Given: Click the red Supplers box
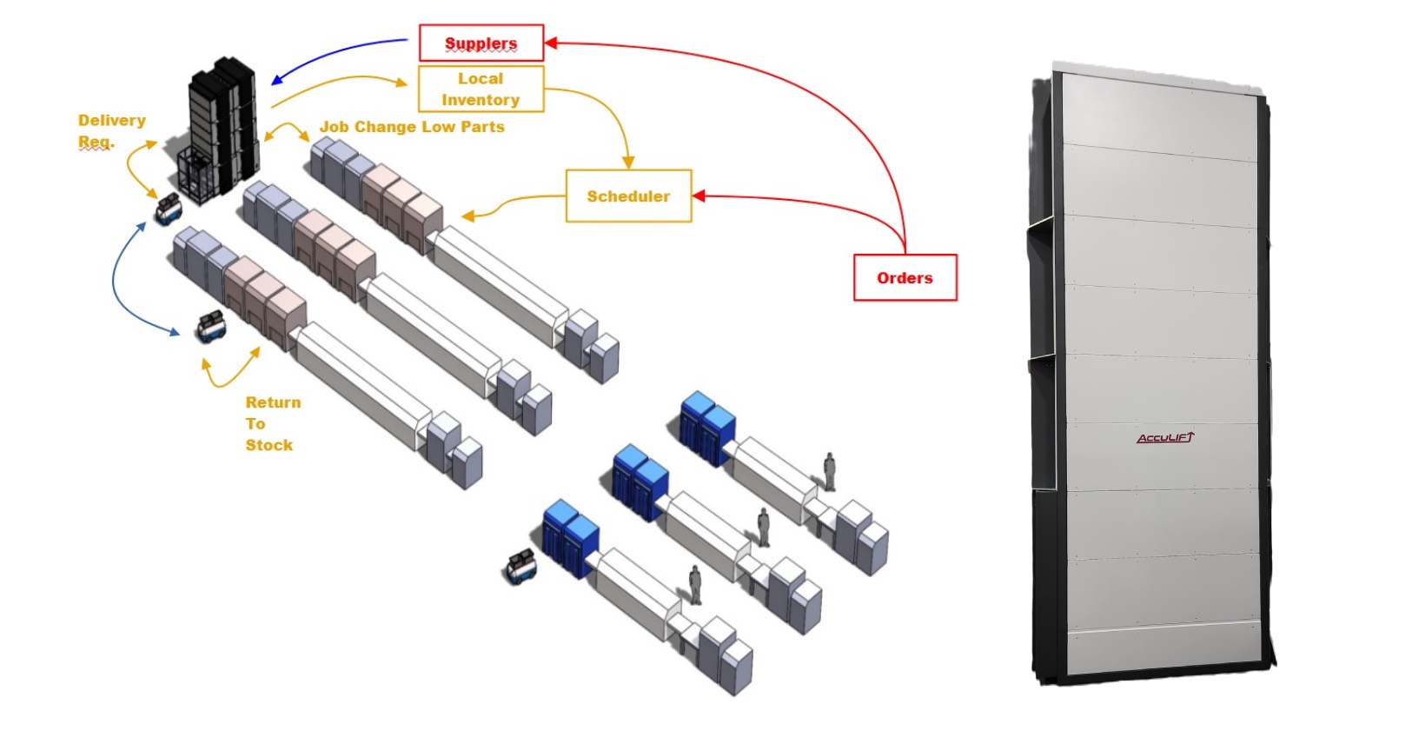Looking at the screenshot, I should pos(481,43).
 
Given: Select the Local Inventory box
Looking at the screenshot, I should pos(481,89).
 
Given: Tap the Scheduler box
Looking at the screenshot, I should pos(628,196).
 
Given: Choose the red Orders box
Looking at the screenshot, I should pos(905,277).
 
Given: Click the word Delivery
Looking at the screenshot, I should pos(111,120).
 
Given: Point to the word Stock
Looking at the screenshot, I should pos(268,445).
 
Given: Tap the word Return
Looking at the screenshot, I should pos(273,402).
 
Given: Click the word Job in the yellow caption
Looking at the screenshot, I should pos(334,127).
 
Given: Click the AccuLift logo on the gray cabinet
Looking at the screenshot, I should pos(1165,437).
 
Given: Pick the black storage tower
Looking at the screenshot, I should pos(223,122).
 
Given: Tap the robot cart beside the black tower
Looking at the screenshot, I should pos(168,209).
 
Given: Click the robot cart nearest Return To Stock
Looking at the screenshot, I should pos(211,326).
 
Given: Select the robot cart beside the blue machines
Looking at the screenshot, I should pos(521,567).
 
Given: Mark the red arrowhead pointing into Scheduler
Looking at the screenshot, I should pos(699,196).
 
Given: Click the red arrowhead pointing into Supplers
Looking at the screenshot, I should pos(551,42).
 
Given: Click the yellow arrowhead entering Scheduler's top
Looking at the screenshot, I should pos(628,163).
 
